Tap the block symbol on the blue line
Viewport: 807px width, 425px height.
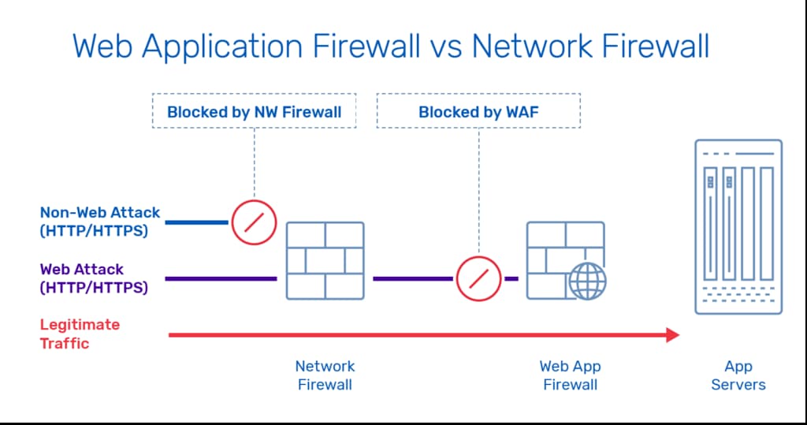tap(254, 222)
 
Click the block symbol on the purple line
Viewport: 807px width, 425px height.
tap(478, 278)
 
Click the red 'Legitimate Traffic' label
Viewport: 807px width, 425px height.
tap(80, 334)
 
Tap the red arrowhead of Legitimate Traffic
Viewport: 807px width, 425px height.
tap(673, 335)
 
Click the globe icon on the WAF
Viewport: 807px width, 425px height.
tap(587, 281)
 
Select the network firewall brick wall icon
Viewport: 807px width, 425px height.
tap(325, 261)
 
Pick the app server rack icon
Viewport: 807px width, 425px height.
tap(738, 226)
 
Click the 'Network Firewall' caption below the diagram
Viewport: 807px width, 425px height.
tap(325, 375)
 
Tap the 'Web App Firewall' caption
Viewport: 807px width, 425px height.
tap(571, 375)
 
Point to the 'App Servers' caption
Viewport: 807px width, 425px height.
tap(738, 375)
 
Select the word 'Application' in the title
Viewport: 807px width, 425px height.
tap(221, 47)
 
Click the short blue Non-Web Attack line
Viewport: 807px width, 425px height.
tap(196, 222)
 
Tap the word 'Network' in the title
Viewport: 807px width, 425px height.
tap(532, 47)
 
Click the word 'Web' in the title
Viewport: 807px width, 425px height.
tap(102, 47)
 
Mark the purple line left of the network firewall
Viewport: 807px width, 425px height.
tap(221, 278)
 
